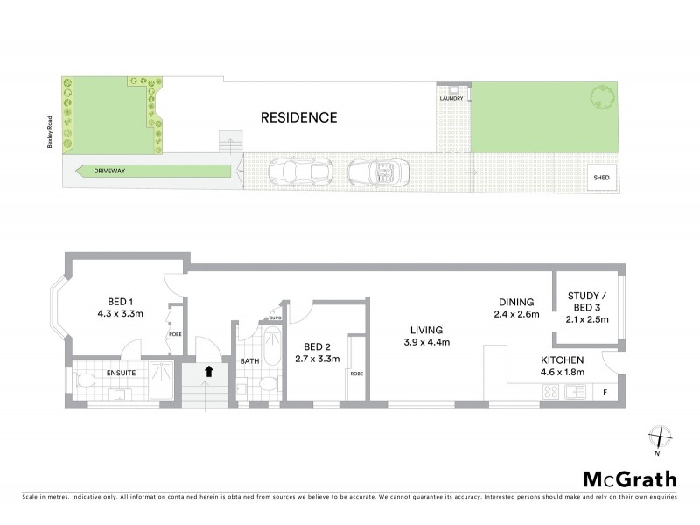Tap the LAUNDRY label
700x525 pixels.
[x=451, y=99]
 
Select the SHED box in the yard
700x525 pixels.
[x=601, y=178]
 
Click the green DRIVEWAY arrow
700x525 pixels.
[x=154, y=171]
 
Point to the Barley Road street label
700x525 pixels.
[x=52, y=130]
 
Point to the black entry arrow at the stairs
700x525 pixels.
[x=208, y=371]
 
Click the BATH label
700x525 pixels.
[x=249, y=360]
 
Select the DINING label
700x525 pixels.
[x=516, y=301]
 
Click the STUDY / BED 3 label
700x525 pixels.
[x=587, y=301]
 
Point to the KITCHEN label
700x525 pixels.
[x=563, y=360]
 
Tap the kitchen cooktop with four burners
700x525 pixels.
[x=552, y=392]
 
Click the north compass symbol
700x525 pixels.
[x=662, y=435]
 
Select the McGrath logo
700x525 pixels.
[x=629, y=479]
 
